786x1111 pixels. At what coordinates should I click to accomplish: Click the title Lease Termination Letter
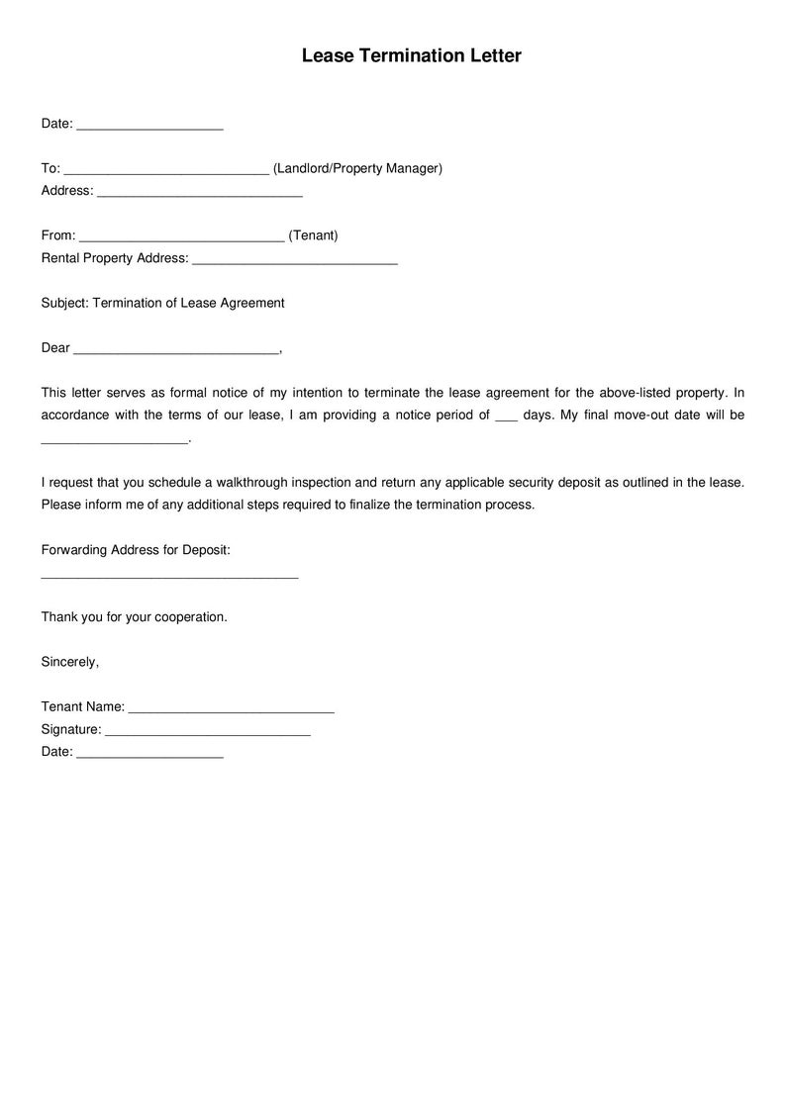tap(411, 56)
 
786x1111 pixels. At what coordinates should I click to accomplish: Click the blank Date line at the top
tap(149, 125)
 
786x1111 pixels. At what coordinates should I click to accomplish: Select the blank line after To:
tap(166, 169)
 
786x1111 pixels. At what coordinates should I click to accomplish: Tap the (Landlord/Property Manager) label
tap(357, 168)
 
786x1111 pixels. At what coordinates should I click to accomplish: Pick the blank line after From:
tap(181, 236)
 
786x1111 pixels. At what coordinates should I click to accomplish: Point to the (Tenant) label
tap(313, 235)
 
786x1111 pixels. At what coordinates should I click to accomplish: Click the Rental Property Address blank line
tap(295, 259)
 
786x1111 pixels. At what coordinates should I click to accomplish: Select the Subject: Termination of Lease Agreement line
tap(162, 303)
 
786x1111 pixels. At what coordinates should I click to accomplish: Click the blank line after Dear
tap(177, 349)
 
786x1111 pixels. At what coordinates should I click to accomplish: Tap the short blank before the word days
tap(506, 417)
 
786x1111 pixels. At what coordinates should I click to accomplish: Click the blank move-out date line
tap(114, 439)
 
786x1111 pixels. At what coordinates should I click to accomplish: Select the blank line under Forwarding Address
tap(169, 573)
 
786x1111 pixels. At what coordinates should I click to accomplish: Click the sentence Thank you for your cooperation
tap(134, 616)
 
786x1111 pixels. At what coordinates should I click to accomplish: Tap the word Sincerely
tap(69, 662)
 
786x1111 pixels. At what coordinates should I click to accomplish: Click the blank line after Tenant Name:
tap(232, 708)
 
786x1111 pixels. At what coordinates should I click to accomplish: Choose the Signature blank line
tap(207, 731)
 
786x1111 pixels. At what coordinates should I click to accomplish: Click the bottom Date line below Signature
tap(149, 754)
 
